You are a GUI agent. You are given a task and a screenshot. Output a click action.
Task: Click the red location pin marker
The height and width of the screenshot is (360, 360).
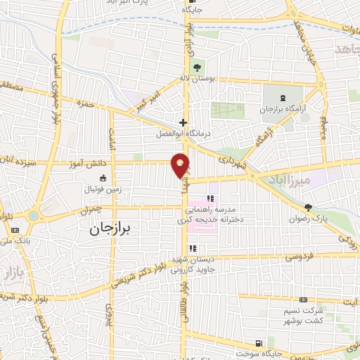coord(181,165)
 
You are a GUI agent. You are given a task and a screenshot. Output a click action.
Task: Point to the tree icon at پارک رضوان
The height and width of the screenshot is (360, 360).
coord(308,207)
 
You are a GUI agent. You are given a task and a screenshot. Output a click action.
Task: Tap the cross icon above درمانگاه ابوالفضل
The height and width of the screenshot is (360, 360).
coord(182,121)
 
